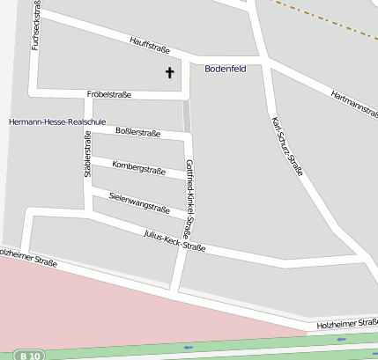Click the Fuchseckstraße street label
36,26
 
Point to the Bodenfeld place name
225,68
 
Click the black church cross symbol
169,73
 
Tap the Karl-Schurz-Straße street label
286,146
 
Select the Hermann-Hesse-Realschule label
57,121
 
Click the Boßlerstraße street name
138,133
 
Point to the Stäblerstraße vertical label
87,155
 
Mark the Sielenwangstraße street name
139,203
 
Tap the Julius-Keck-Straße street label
174,240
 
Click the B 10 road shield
29,355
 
